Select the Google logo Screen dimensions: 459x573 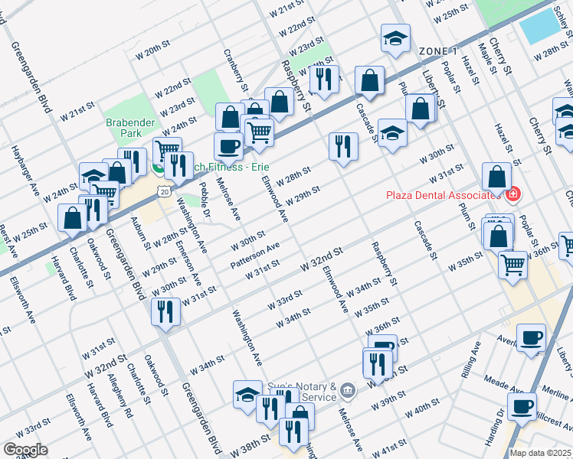25,450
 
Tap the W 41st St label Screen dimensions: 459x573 393,446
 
